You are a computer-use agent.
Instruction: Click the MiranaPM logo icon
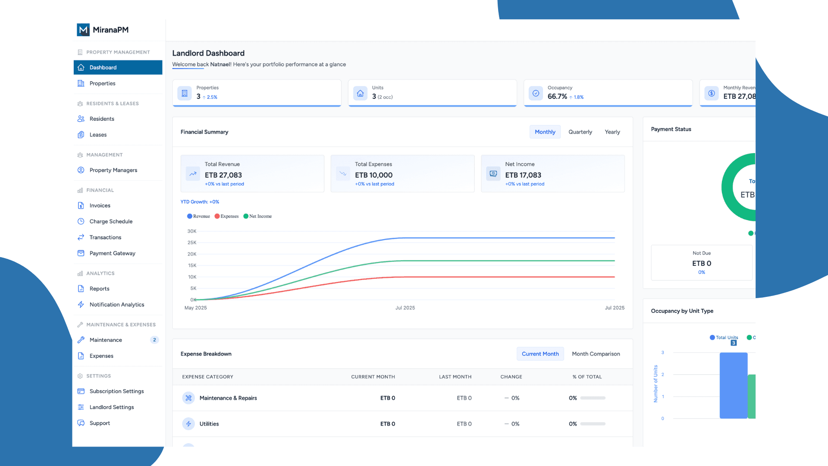(x=83, y=30)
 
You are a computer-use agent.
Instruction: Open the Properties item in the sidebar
(x=102, y=83)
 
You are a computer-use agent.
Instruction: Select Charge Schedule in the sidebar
(x=111, y=221)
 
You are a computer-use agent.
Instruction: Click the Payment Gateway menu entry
(x=112, y=253)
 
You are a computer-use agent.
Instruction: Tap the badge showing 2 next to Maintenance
(x=154, y=340)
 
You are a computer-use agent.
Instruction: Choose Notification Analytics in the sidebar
(x=116, y=305)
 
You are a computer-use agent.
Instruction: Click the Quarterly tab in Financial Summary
(x=580, y=132)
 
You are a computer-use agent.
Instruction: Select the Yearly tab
(x=612, y=132)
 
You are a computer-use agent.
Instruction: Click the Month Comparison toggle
(x=596, y=354)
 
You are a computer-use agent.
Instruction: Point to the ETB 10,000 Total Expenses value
(x=373, y=175)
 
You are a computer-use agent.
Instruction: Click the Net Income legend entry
(x=258, y=216)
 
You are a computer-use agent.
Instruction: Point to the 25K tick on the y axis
(x=192, y=242)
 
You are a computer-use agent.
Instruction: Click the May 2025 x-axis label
(x=195, y=308)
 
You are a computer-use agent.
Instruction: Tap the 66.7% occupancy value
(x=557, y=97)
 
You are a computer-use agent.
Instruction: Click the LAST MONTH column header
(x=455, y=377)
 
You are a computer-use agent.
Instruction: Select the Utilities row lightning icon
(x=188, y=424)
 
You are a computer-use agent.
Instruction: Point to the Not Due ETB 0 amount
(x=702, y=263)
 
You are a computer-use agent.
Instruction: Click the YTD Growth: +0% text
(x=200, y=202)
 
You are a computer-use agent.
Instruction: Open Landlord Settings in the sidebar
(x=111, y=407)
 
